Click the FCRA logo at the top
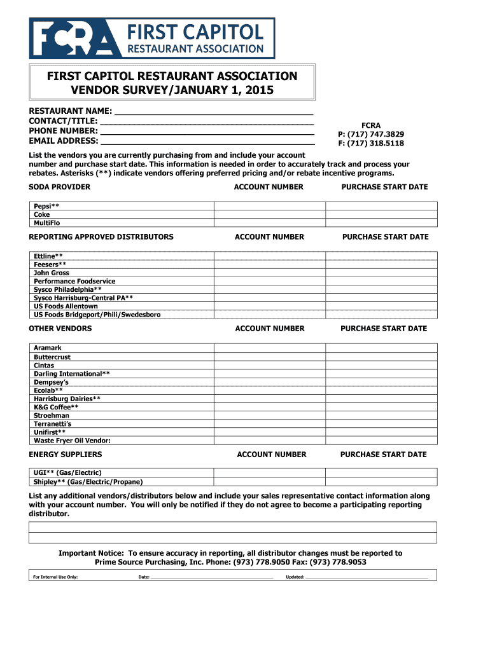pyautogui.click(x=152, y=38)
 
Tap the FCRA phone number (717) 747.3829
pyautogui.click(x=371, y=134)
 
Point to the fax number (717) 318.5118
pyautogui.click(x=371, y=144)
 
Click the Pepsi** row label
pyautogui.click(x=46, y=206)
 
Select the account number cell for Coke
pyautogui.click(x=270, y=214)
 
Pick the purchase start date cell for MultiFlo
pyautogui.click(x=381, y=223)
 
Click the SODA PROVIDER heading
pyautogui.click(x=60, y=187)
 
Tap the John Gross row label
pyautogui.click(x=52, y=273)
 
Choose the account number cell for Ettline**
pyautogui.click(x=270, y=256)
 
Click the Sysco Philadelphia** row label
pyautogui.click(x=67, y=289)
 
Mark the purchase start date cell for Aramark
pyautogui.click(x=381, y=348)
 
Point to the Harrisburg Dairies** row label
pyautogui.click(x=67, y=399)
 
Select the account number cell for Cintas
pyautogui.click(x=270, y=365)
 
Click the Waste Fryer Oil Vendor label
pyautogui.click(x=72, y=440)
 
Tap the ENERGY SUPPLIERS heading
pyautogui.click(x=66, y=455)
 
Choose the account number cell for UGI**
pyautogui.click(x=270, y=473)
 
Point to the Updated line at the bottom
pyautogui.click(x=367, y=577)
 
